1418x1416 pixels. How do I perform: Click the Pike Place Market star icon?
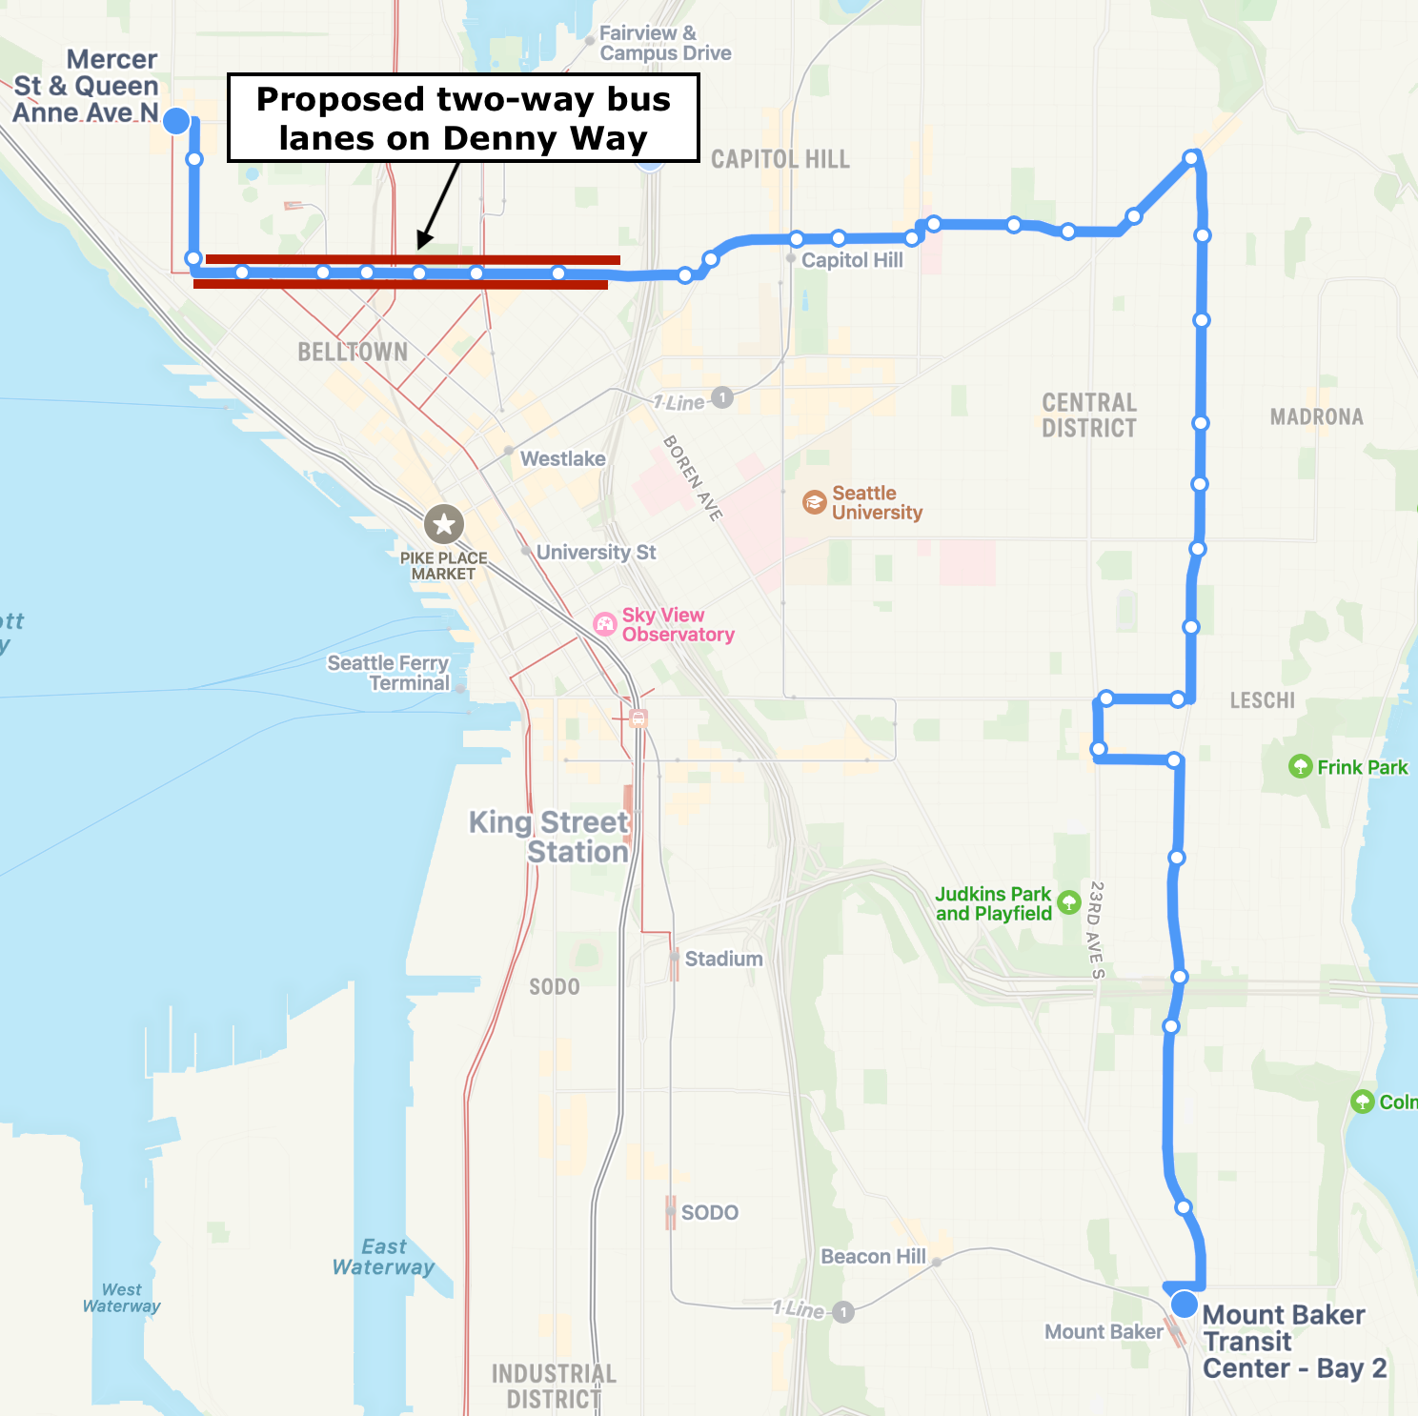pos(443,523)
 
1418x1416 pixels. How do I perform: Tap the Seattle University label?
pos(877,503)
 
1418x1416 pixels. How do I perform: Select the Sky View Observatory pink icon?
pos(605,624)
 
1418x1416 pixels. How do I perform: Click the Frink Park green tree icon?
pos(1300,766)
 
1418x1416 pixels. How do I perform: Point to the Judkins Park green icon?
pos(1069,901)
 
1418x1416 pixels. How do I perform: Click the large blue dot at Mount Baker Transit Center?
pos(1184,1304)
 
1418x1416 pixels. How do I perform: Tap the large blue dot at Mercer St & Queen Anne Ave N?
pos(176,121)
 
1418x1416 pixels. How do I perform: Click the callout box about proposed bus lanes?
pos(463,118)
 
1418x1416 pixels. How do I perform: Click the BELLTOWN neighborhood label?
pos(353,353)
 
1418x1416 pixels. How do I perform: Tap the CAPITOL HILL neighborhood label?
pos(780,159)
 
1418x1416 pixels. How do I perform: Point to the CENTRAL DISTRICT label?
pos(1089,415)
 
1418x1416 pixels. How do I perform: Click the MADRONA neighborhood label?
pos(1316,416)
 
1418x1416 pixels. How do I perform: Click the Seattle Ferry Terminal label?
pos(388,673)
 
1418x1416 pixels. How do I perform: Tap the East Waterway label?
pos(383,1257)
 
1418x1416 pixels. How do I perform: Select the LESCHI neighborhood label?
pos(1262,700)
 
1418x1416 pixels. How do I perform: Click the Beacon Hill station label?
pos(873,1256)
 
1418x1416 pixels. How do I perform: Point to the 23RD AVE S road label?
pos(1097,929)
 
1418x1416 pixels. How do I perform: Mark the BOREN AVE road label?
pos(693,477)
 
